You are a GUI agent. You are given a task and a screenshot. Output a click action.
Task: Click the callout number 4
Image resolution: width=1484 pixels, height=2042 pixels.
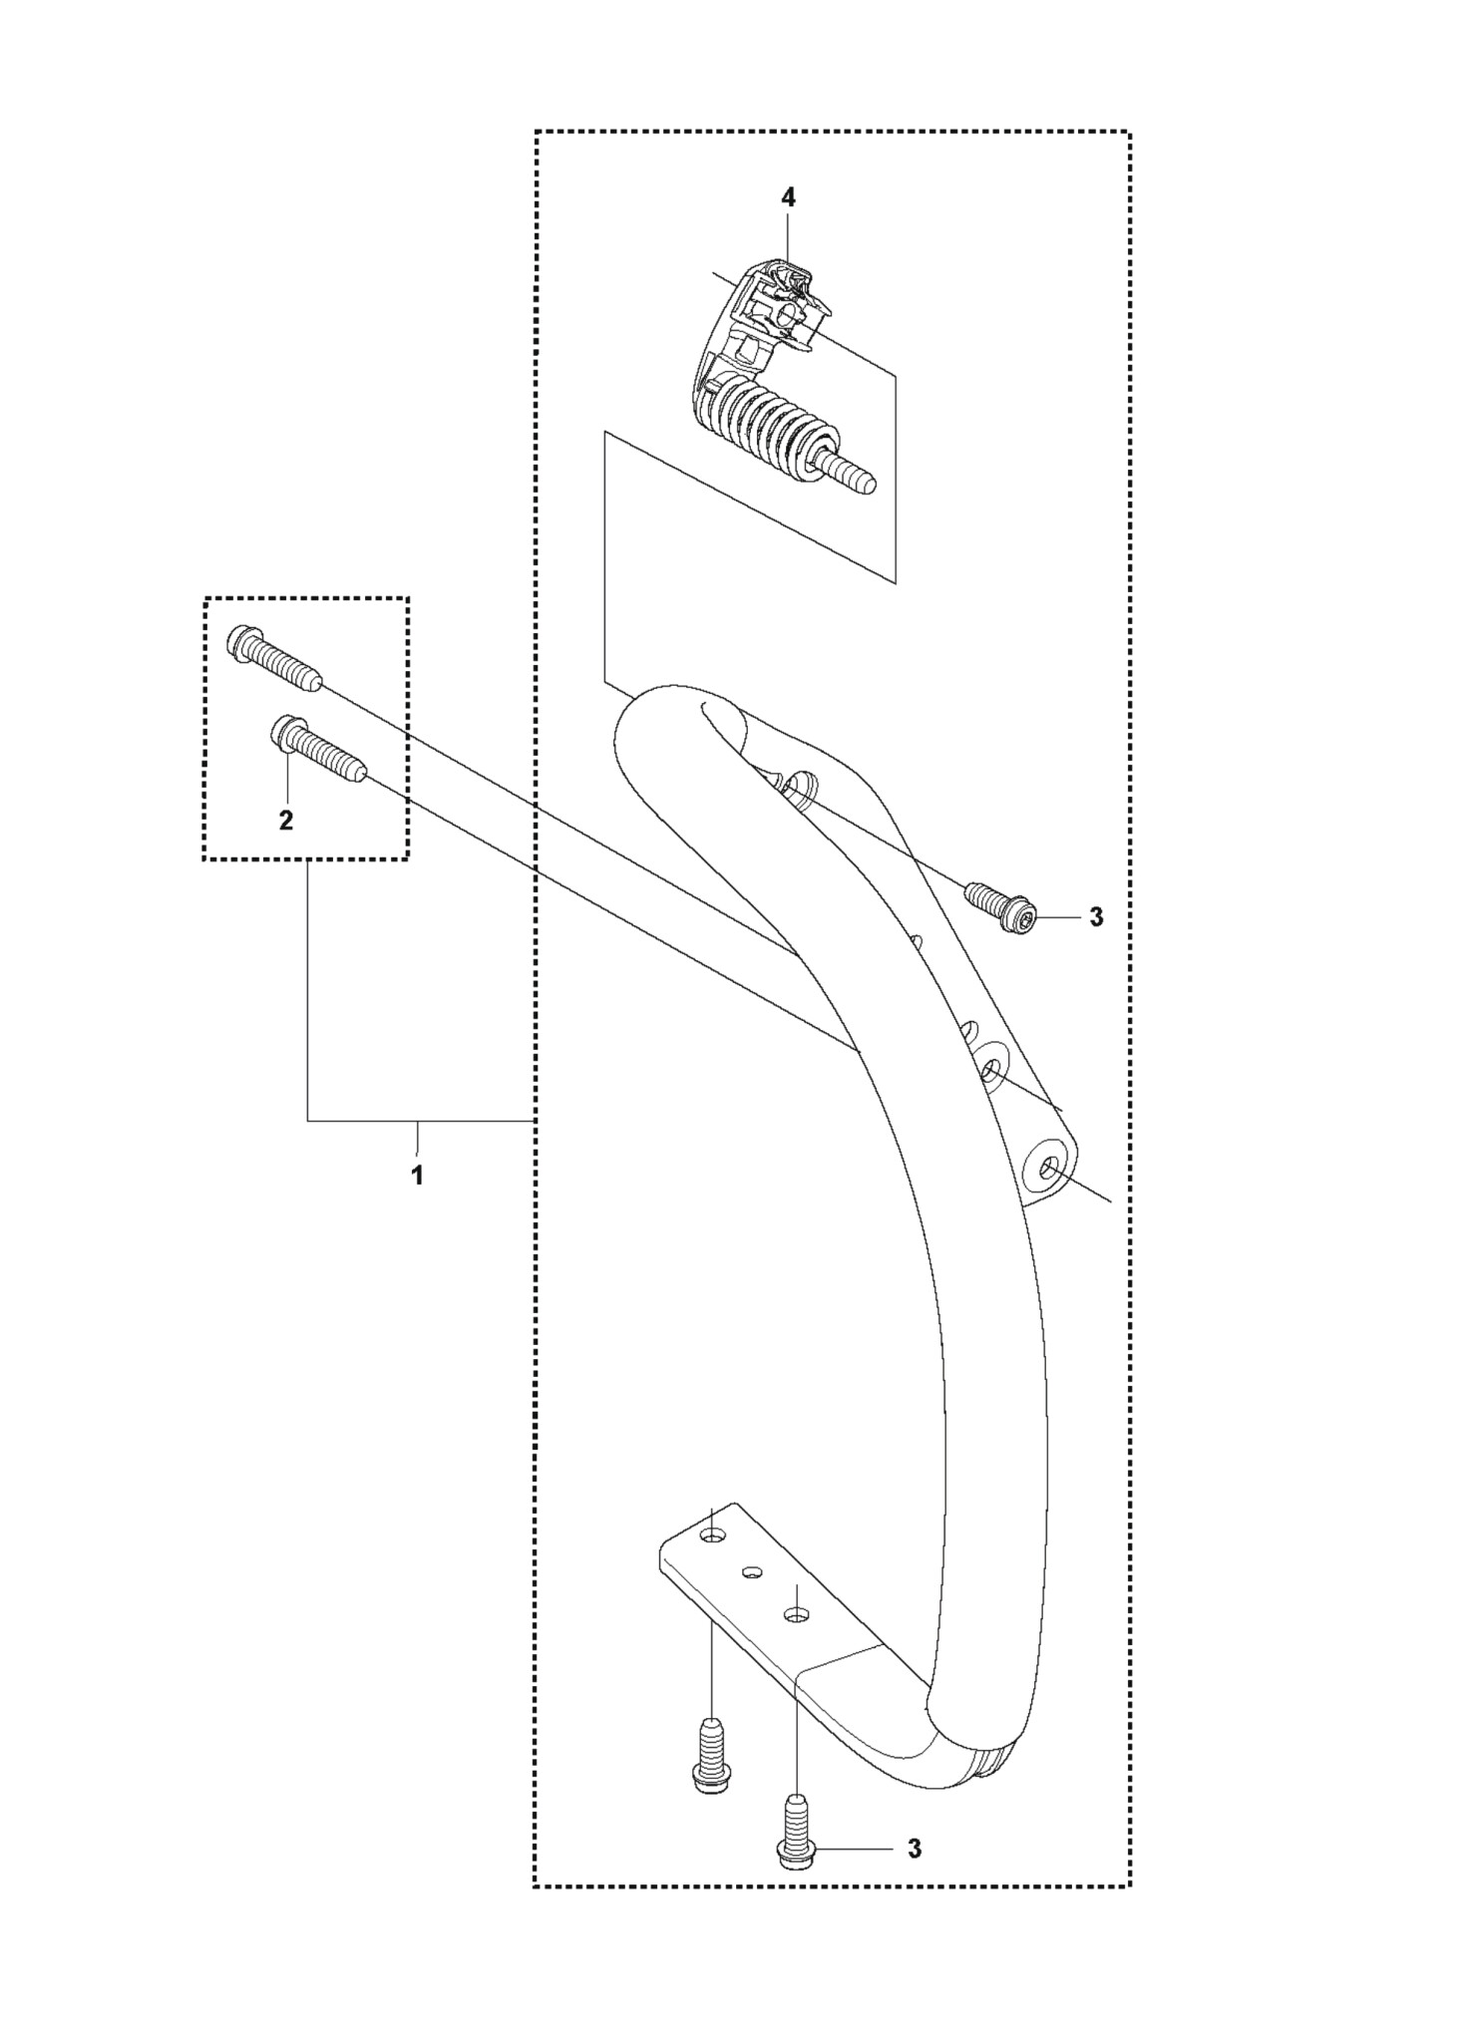coord(788,197)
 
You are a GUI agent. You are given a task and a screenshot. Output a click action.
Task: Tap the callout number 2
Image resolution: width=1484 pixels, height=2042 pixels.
coord(286,820)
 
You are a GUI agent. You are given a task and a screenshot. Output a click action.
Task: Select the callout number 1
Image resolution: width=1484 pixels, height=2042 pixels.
coord(417,1175)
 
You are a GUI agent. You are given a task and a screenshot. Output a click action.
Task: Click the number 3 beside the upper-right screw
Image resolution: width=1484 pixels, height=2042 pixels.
coord(1096,917)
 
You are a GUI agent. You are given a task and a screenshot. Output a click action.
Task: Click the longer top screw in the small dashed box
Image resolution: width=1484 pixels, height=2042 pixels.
coord(274,658)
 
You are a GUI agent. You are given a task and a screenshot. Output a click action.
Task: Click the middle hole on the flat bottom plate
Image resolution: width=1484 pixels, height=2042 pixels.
coord(753,1572)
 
